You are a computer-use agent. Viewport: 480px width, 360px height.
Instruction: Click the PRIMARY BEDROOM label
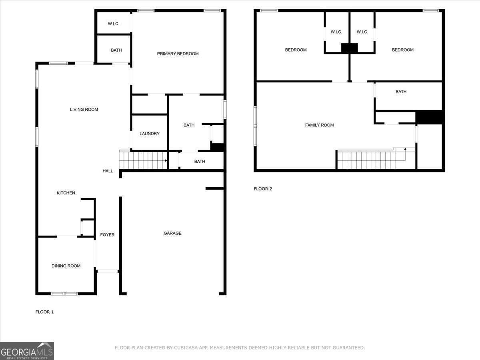pos(178,54)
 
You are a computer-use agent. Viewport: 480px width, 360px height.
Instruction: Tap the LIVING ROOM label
pos(84,110)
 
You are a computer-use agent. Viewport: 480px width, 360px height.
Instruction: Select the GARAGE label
pos(172,233)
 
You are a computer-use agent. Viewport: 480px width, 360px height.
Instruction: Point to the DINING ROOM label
pos(66,266)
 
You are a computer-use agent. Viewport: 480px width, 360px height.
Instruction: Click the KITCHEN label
pos(66,193)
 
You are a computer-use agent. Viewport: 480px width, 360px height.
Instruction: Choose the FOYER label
pos(107,235)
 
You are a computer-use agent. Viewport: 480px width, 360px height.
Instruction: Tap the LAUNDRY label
pos(150,134)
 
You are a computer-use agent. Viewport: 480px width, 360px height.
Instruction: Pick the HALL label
pos(108,171)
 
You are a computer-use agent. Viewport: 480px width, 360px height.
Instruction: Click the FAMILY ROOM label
pos(320,125)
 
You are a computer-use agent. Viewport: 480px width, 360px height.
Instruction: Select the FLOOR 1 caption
pos(44,312)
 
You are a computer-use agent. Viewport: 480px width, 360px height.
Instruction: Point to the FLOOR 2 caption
pos(263,189)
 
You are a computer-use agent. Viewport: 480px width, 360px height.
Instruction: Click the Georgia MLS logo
pos(27,351)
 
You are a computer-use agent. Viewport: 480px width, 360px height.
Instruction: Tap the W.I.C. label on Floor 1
pos(114,24)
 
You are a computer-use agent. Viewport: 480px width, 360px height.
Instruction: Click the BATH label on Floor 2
pos(401,92)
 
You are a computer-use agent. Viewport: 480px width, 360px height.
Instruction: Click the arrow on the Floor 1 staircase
pos(166,161)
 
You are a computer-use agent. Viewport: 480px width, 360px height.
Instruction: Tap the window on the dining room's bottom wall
pos(64,294)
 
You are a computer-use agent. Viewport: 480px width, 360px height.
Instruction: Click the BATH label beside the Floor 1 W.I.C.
pos(116,50)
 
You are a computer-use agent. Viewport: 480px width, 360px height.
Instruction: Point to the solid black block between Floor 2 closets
pos(350,48)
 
